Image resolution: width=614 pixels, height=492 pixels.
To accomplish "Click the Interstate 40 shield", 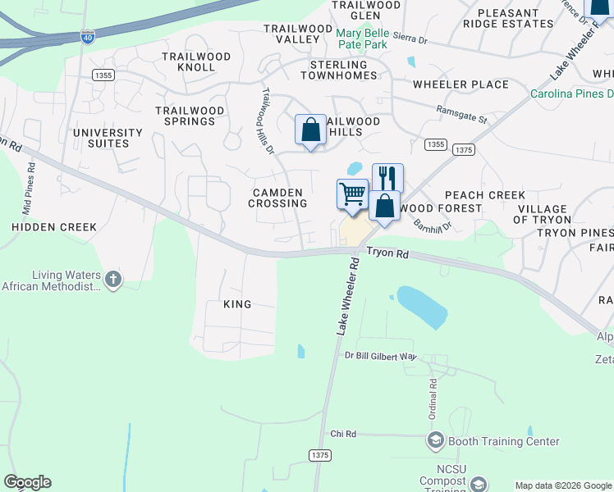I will (88, 37).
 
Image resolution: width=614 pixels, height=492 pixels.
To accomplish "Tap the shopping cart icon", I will (352, 194).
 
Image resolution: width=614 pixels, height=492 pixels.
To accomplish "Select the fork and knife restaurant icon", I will (387, 177).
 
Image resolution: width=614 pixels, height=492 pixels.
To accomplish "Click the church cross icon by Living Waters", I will (113, 280).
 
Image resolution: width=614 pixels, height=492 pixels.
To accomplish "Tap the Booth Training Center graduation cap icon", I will (435, 441).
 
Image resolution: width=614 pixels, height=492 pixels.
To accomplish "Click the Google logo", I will (27, 482).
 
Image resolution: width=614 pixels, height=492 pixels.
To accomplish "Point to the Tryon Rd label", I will (387, 254).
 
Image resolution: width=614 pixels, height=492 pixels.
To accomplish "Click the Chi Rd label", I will (343, 434).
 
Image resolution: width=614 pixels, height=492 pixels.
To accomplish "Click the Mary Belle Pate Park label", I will (361, 39).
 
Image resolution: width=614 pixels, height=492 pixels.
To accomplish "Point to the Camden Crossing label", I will (279, 198).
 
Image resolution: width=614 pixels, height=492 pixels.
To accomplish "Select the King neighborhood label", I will (237, 304).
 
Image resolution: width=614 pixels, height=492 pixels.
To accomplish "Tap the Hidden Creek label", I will (54, 226).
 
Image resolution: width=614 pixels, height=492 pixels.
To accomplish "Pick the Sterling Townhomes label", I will (339, 70).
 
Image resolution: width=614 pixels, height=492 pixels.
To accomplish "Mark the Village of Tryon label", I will (542, 214).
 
